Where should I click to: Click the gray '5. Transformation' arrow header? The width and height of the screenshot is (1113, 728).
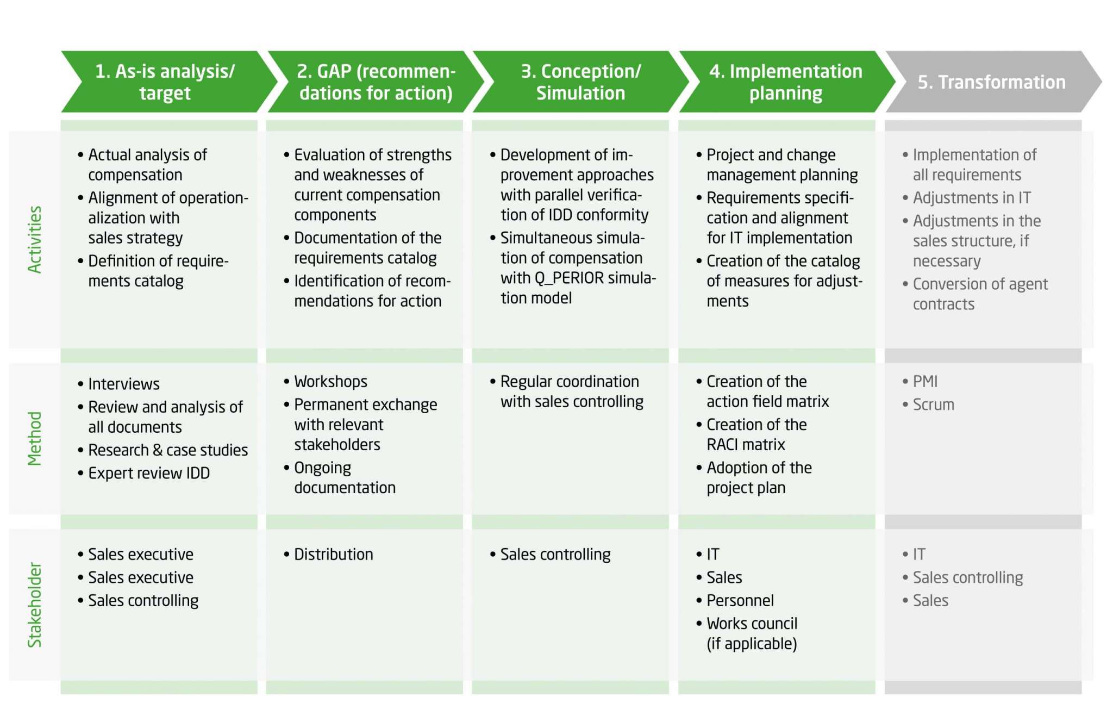click(991, 82)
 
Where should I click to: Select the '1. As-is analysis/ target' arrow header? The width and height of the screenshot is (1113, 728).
click(165, 82)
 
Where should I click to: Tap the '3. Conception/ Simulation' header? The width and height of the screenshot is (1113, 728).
click(580, 82)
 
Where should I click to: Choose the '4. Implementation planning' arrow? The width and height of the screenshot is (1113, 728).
click(785, 82)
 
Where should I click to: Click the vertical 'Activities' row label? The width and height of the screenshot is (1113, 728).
click(35, 239)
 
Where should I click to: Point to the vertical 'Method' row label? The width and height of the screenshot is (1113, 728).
click(35, 438)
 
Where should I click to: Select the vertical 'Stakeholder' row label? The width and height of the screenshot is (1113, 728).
click(35, 605)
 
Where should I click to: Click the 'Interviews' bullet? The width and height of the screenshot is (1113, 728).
click(124, 384)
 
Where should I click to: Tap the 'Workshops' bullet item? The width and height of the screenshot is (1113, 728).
click(330, 382)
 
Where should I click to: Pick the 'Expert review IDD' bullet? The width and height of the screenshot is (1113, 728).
click(149, 473)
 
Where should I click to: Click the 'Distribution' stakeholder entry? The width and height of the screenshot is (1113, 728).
click(333, 555)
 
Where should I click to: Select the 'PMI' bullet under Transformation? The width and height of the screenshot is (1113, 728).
click(925, 382)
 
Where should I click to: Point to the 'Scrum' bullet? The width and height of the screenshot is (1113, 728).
click(933, 405)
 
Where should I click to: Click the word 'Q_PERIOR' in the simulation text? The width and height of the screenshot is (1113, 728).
click(569, 278)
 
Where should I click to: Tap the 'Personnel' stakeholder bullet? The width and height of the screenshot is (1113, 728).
click(740, 601)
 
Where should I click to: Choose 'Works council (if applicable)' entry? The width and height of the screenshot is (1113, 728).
click(752, 633)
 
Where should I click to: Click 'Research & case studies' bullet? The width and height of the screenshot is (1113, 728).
click(168, 450)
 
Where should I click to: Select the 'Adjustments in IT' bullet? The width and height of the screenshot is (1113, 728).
click(972, 198)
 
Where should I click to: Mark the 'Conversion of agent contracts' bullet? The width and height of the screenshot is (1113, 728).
click(980, 294)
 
